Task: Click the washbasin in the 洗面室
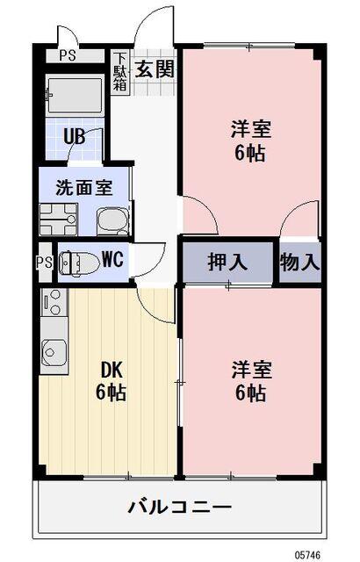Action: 110,219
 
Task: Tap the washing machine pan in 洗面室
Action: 58,218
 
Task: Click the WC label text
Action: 112,260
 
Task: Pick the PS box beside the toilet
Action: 43,263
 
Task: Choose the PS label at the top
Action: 67,55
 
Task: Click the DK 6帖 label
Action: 112,381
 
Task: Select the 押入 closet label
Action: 227,262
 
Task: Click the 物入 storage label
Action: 299,262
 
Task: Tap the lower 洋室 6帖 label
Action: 250,379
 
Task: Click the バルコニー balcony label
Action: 179,507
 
